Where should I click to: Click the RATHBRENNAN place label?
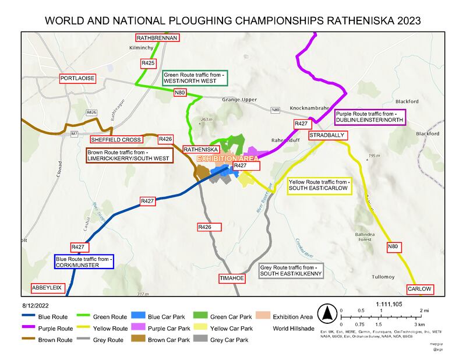tap(158, 37)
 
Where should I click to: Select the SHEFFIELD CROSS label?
tap(115, 140)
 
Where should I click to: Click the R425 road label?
tap(148, 62)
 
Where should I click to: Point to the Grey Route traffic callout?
tap(289, 270)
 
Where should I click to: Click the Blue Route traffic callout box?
tap(84, 262)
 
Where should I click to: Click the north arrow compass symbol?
tap(327, 313)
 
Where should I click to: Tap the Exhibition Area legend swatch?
tap(263, 317)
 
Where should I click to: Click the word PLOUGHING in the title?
tap(202, 20)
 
